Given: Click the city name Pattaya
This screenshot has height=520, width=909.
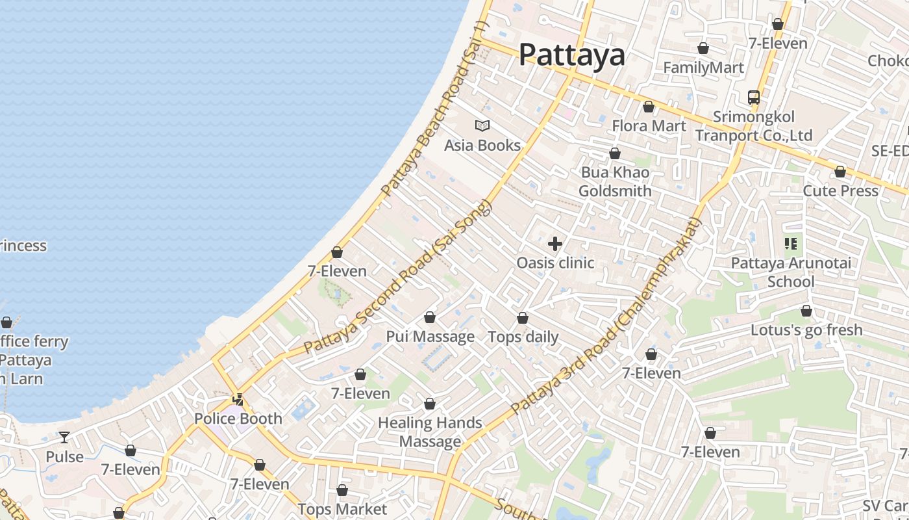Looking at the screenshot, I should pos(571,55).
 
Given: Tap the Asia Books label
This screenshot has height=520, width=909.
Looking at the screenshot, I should pos(482,145).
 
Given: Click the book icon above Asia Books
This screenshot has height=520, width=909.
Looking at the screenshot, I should pos(482,125).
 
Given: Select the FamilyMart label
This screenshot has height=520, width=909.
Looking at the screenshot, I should pos(703,68).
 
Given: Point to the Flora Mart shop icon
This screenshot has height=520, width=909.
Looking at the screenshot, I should pos(648,107).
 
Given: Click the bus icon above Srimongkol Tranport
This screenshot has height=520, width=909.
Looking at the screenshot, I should pos(753,97).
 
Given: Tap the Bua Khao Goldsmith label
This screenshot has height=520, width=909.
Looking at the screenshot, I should pos(615,182).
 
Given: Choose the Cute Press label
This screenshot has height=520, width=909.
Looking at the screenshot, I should pos(840,191).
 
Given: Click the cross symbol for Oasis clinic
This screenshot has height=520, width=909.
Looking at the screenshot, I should pos(555,244).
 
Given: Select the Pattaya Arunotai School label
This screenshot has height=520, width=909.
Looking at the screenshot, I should pos(790,272).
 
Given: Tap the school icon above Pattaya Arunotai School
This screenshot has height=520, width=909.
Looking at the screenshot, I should pos(790,244).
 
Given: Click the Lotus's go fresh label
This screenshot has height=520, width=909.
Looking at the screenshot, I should pos(806,330).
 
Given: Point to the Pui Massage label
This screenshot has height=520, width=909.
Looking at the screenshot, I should pos(430,337).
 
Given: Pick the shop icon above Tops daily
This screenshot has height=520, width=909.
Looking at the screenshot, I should pos(523,318).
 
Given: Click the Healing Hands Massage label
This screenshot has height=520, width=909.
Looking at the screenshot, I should pos(430,432).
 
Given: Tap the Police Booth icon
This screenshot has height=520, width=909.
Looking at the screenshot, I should pos(238,399).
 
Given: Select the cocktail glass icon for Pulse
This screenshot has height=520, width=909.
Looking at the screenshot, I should pos(64,437).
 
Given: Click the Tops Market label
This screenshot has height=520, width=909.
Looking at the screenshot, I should pos(342,509).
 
